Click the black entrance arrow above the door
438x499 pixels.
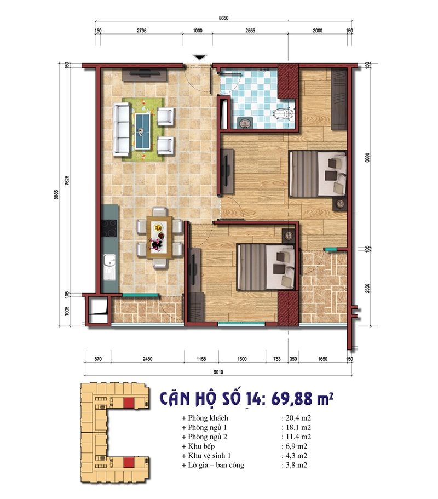point(200,58)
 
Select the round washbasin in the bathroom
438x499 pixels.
point(245,123)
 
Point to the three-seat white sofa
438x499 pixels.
point(122,129)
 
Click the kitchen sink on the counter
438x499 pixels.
point(109,267)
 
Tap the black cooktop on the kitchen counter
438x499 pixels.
point(109,228)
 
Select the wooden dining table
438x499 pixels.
point(159,237)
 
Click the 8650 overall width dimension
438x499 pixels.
point(223,18)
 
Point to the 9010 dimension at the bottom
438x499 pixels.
point(218,372)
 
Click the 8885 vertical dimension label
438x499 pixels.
point(56,194)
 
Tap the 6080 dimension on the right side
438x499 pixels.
point(368,158)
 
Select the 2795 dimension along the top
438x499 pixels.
point(142,31)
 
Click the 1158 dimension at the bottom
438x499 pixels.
point(201,359)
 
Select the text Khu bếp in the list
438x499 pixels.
point(201,446)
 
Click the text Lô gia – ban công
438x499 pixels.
point(216,465)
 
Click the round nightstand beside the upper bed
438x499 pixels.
point(340,204)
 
